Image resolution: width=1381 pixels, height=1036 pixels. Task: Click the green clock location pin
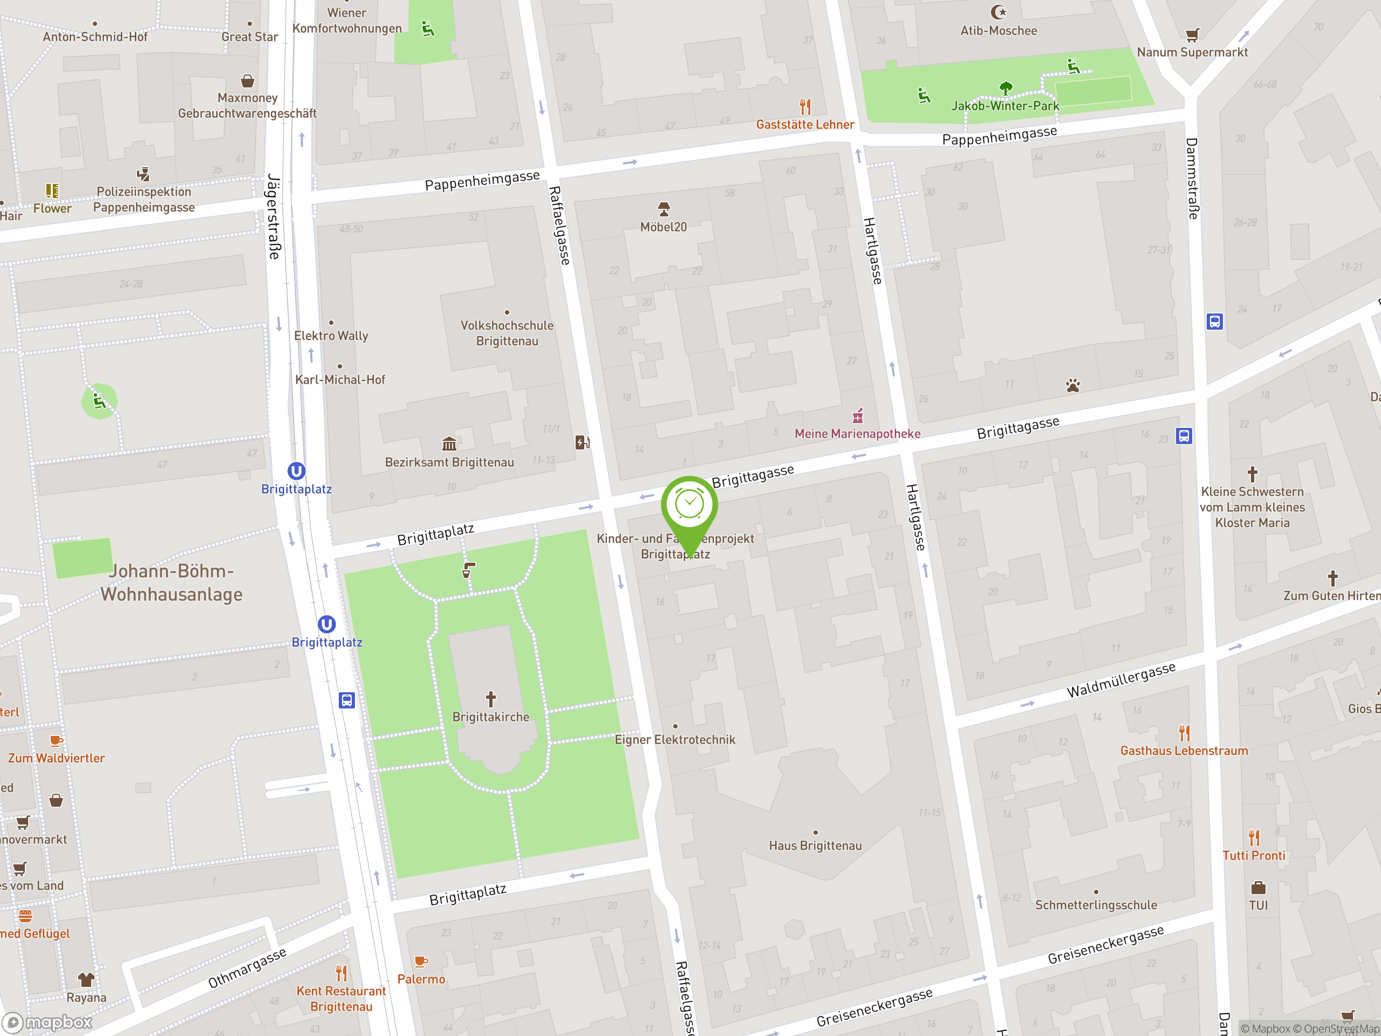coord(689,505)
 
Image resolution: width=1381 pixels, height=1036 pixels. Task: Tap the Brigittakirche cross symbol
coord(491,698)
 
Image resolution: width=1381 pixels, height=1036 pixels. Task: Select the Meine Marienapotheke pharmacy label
coord(857,433)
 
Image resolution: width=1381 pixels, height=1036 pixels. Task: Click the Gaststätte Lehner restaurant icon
coord(805,107)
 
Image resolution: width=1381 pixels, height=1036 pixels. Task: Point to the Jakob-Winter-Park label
coord(1004,106)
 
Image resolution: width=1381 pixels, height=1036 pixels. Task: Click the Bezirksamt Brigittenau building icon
coord(449,444)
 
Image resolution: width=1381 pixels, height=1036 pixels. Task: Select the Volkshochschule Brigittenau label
coord(507,333)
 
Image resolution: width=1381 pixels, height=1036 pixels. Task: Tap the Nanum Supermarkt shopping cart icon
coord(1192,35)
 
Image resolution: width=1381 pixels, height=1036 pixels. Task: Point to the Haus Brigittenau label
coord(815,846)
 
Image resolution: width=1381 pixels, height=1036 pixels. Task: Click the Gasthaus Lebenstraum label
coord(1184,751)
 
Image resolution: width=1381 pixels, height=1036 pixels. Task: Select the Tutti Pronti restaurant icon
coord(1254,837)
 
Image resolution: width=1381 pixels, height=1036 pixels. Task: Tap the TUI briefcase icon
coord(1258,888)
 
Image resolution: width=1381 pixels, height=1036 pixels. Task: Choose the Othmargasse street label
coord(247,967)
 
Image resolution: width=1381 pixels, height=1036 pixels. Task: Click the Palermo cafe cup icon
coord(421,961)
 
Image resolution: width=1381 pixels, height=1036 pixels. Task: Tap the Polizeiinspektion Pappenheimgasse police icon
coord(143,174)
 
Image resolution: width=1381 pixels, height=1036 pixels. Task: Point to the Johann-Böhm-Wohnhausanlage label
coord(171,583)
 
